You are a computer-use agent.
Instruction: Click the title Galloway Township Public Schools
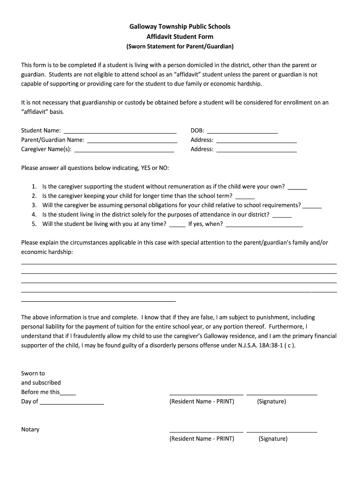click(x=180, y=27)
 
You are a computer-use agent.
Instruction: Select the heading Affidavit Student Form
click(x=180, y=36)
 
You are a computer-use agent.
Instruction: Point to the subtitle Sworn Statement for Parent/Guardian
click(x=180, y=46)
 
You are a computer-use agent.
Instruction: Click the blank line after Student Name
click(x=120, y=131)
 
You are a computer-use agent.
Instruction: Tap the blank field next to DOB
click(x=242, y=131)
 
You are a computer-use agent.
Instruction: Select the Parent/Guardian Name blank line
click(x=132, y=140)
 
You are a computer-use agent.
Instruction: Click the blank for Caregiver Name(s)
click(x=124, y=150)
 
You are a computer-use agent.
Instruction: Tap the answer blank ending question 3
click(x=312, y=206)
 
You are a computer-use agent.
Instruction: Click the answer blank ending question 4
click(x=282, y=216)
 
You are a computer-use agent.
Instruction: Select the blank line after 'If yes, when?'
click(x=264, y=225)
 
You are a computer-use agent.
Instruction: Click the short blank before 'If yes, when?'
click(x=177, y=225)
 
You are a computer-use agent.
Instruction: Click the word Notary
click(x=30, y=429)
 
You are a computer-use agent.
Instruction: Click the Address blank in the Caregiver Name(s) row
click(x=256, y=150)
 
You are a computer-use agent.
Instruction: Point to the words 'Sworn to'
click(x=33, y=373)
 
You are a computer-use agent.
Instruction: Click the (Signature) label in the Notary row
click(x=273, y=439)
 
